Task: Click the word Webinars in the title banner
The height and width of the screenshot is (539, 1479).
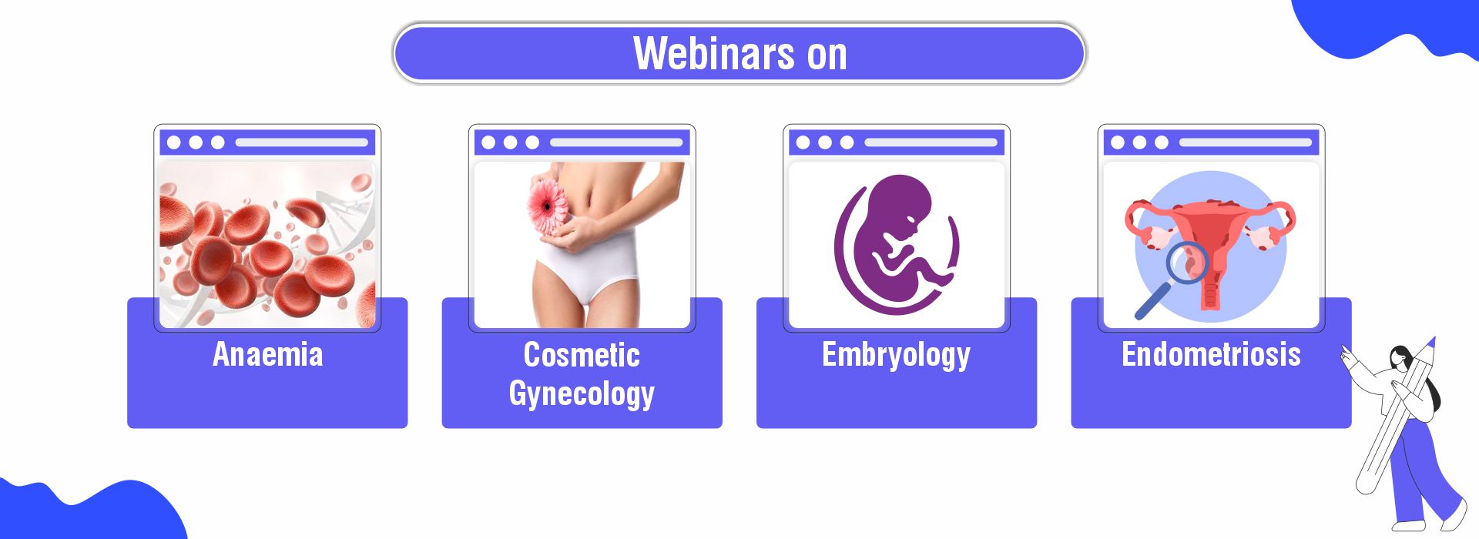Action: tap(714, 53)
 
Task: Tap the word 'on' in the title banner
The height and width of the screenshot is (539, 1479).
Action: tap(827, 55)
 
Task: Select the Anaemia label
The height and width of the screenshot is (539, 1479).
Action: tap(267, 354)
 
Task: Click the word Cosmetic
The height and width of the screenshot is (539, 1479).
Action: tap(582, 355)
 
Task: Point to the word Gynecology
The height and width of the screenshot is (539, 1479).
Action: tap(582, 394)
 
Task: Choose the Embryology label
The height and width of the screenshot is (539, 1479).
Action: tap(896, 356)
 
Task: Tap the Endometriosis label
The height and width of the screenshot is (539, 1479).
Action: tap(1211, 354)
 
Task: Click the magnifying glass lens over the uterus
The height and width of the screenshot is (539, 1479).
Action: tap(1187, 262)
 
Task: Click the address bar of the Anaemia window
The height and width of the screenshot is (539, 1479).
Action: tap(301, 142)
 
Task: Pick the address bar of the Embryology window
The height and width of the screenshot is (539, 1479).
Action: tap(931, 142)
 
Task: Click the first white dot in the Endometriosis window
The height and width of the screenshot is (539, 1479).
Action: tap(1118, 142)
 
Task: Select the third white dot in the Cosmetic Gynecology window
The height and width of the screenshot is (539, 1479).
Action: tap(532, 142)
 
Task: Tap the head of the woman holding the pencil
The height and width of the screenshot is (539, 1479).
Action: tap(1402, 358)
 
